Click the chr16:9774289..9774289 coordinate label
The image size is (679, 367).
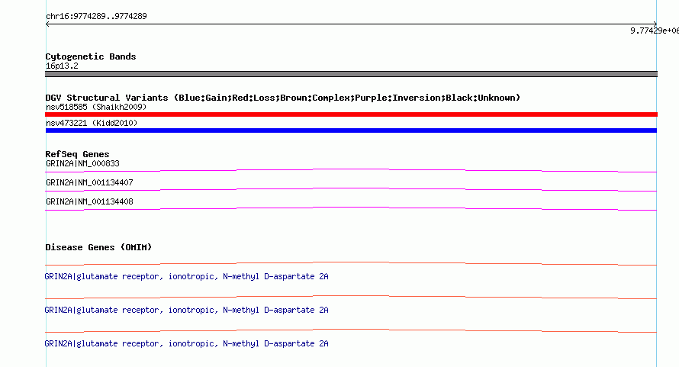click(x=96, y=17)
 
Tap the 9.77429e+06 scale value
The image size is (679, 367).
click(x=655, y=31)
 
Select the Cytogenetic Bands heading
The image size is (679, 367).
click(x=91, y=56)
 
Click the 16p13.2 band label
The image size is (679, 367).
click(x=62, y=66)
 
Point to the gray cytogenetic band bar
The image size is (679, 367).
click(x=351, y=74)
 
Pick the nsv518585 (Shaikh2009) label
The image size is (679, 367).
click(x=96, y=107)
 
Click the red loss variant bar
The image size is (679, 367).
click(x=351, y=114)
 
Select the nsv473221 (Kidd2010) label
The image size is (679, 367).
click(x=92, y=123)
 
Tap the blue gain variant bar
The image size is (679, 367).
click(x=351, y=130)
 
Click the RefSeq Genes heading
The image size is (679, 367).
click(x=77, y=154)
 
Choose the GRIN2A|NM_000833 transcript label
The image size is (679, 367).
click(x=82, y=164)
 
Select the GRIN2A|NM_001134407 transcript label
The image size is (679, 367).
click(x=89, y=183)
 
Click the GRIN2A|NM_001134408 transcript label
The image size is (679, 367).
click(x=89, y=202)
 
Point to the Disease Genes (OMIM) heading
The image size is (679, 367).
click(x=98, y=247)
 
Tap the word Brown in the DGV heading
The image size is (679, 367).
click(x=293, y=98)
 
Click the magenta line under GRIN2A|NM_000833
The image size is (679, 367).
click(x=351, y=169)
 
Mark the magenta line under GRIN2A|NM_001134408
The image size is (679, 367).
click(x=351, y=208)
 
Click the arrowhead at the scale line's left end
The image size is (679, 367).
click(x=47, y=24)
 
